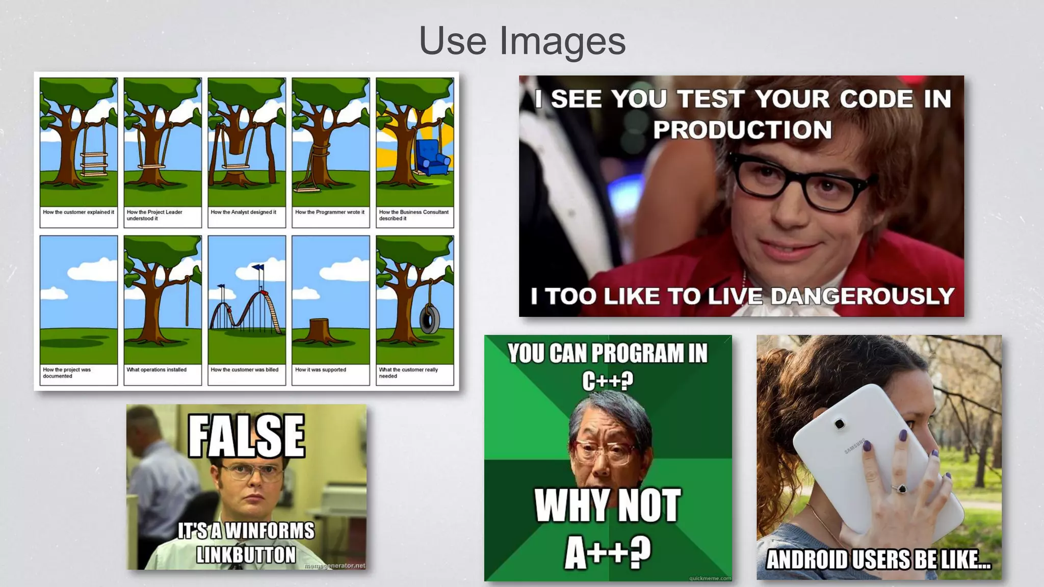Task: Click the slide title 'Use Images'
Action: click(x=522, y=41)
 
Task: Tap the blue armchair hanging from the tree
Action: click(x=431, y=157)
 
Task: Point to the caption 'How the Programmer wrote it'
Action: click(x=330, y=212)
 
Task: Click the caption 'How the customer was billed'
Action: click(x=245, y=370)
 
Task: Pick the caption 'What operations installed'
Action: click(x=156, y=370)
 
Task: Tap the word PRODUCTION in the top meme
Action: click(x=742, y=130)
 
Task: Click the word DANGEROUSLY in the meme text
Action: click(x=862, y=296)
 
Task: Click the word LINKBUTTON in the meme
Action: click(x=246, y=555)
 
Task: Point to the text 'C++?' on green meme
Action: click(x=608, y=380)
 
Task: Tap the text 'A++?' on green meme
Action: click(x=608, y=552)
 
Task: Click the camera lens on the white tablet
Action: click(x=839, y=423)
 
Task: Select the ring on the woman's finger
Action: click(x=901, y=489)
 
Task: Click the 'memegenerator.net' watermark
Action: click(x=334, y=566)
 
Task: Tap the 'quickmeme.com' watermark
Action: click(x=710, y=578)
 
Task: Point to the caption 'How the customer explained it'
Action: click(x=79, y=212)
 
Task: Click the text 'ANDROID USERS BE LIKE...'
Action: click(x=879, y=559)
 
